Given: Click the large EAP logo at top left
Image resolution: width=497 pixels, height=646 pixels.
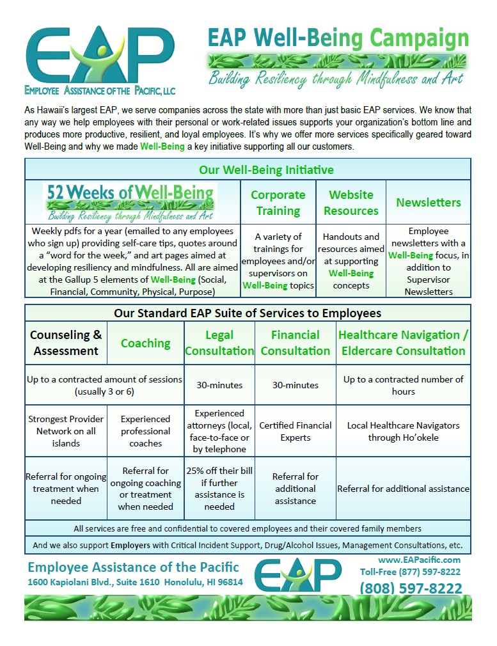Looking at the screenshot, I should (100, 56).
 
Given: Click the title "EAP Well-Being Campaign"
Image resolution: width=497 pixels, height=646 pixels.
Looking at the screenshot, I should (338, 38).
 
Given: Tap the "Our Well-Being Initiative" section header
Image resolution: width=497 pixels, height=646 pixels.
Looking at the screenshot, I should (248, 169).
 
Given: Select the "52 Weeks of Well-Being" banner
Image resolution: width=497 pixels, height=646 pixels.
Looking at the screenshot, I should (131, 201).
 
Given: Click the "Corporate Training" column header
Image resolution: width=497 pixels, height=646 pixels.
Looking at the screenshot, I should (278, 202).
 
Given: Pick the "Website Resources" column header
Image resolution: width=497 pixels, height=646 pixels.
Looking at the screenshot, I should (351, 202).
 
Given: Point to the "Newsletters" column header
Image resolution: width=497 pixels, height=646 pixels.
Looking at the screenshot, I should (428, 202).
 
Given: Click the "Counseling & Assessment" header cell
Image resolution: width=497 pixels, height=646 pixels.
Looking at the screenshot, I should (66, 343).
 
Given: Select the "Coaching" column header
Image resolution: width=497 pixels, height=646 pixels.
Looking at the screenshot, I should (145, 343).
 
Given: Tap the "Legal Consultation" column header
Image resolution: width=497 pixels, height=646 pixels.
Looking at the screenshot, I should (219, 343).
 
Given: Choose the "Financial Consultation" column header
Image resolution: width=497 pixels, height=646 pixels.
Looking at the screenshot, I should (295, 343).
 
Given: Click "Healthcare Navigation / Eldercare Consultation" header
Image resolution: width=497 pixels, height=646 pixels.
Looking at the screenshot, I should (403, 343).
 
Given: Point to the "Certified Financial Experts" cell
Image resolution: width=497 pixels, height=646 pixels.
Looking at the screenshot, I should (295, 431).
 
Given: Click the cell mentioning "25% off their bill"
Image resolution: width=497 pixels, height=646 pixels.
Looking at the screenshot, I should (219, 489).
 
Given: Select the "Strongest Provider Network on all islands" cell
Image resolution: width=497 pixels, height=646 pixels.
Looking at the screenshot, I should (66, 431).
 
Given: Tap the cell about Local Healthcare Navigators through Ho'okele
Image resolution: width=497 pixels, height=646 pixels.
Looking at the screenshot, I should (403, 431).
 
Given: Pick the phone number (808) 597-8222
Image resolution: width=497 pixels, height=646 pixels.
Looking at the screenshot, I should (411, 588).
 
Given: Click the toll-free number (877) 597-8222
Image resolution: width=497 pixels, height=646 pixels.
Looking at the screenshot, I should (410, 572).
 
